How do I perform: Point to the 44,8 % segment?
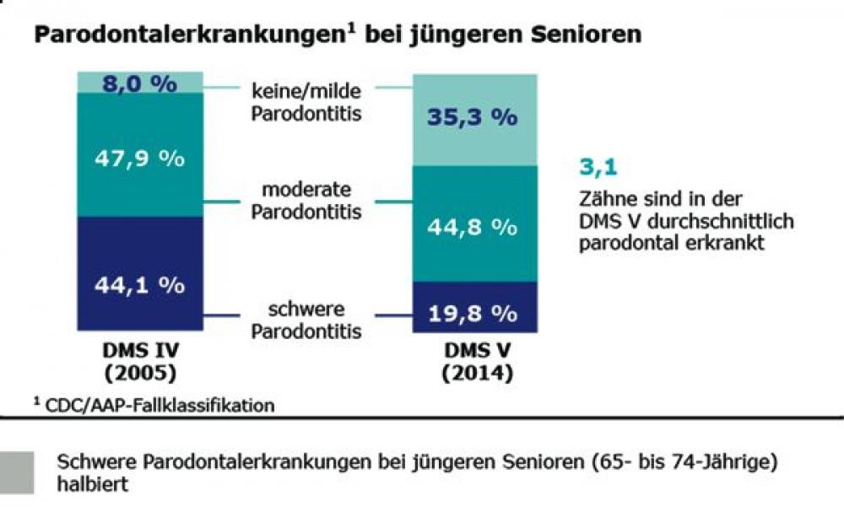pyautogui.click(x=473, y=226)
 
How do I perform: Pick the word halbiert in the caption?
pyautogui.click(x=91, y=487)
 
